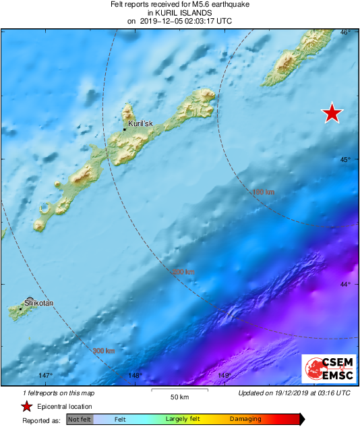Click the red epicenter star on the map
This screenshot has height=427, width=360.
point(331,113)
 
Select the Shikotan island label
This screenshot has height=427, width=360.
point(38,304)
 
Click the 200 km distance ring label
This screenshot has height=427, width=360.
point(183,272)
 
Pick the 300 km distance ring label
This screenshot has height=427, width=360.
point(104,351)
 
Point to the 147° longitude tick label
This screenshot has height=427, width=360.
point(45,376)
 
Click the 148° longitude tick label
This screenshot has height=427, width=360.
point(135,376)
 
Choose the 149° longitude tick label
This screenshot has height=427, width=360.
point(224,376)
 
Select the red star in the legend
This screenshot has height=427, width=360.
point(26,406)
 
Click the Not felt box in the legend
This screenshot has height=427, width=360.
point(80,420)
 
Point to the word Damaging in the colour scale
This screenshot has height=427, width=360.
point(245,420)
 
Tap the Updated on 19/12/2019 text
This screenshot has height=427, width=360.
point(295,393)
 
